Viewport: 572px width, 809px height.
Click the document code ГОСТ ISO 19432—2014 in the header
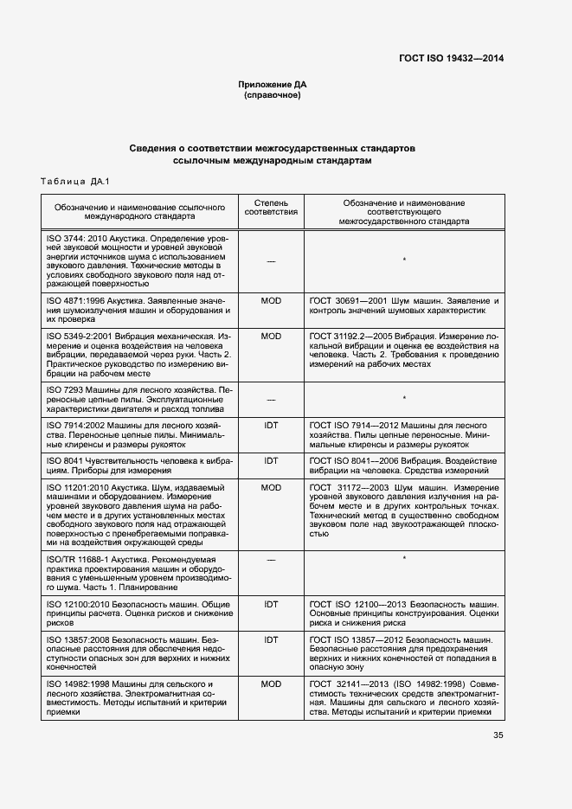point(451,58)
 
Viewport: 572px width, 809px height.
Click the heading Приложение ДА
point(273,84)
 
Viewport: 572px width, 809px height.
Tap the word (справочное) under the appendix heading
point(273,95)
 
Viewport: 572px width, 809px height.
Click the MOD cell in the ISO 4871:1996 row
point(271,299)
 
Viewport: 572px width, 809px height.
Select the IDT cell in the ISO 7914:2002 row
point(271,426)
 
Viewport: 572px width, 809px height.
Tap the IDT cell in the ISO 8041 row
point(271,461)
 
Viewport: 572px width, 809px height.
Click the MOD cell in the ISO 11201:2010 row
point(271,488)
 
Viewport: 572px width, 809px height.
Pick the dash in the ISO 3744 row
point(271,260)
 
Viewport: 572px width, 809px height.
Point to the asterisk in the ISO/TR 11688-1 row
point(404,560)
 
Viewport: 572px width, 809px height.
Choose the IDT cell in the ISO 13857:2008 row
point(271,640)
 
